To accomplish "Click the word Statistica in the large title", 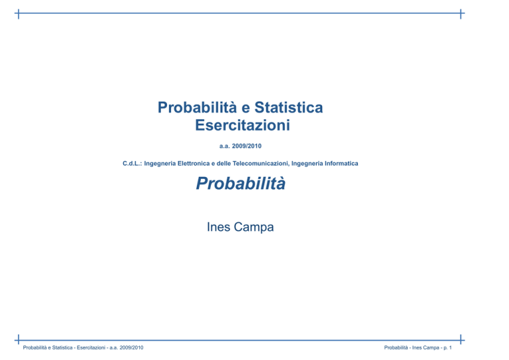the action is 288,107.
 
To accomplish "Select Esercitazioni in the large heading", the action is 243,125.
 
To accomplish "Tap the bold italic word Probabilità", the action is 241,183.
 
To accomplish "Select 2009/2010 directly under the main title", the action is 247,146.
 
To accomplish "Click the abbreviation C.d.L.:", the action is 132,164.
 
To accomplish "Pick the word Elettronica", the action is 193,164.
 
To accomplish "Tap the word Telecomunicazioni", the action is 260,164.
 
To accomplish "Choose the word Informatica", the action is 341,164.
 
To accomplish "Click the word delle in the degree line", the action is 223,164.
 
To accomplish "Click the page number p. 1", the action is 447,347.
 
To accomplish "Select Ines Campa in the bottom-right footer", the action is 425,347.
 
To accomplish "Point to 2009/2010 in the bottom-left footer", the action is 131,347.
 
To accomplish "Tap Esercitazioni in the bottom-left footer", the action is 91,347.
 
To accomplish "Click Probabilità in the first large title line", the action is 197,107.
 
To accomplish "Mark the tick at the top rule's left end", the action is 19,14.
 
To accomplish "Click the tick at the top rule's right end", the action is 461,14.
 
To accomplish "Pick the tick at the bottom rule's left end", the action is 19,339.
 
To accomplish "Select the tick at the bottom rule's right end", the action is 461,339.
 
